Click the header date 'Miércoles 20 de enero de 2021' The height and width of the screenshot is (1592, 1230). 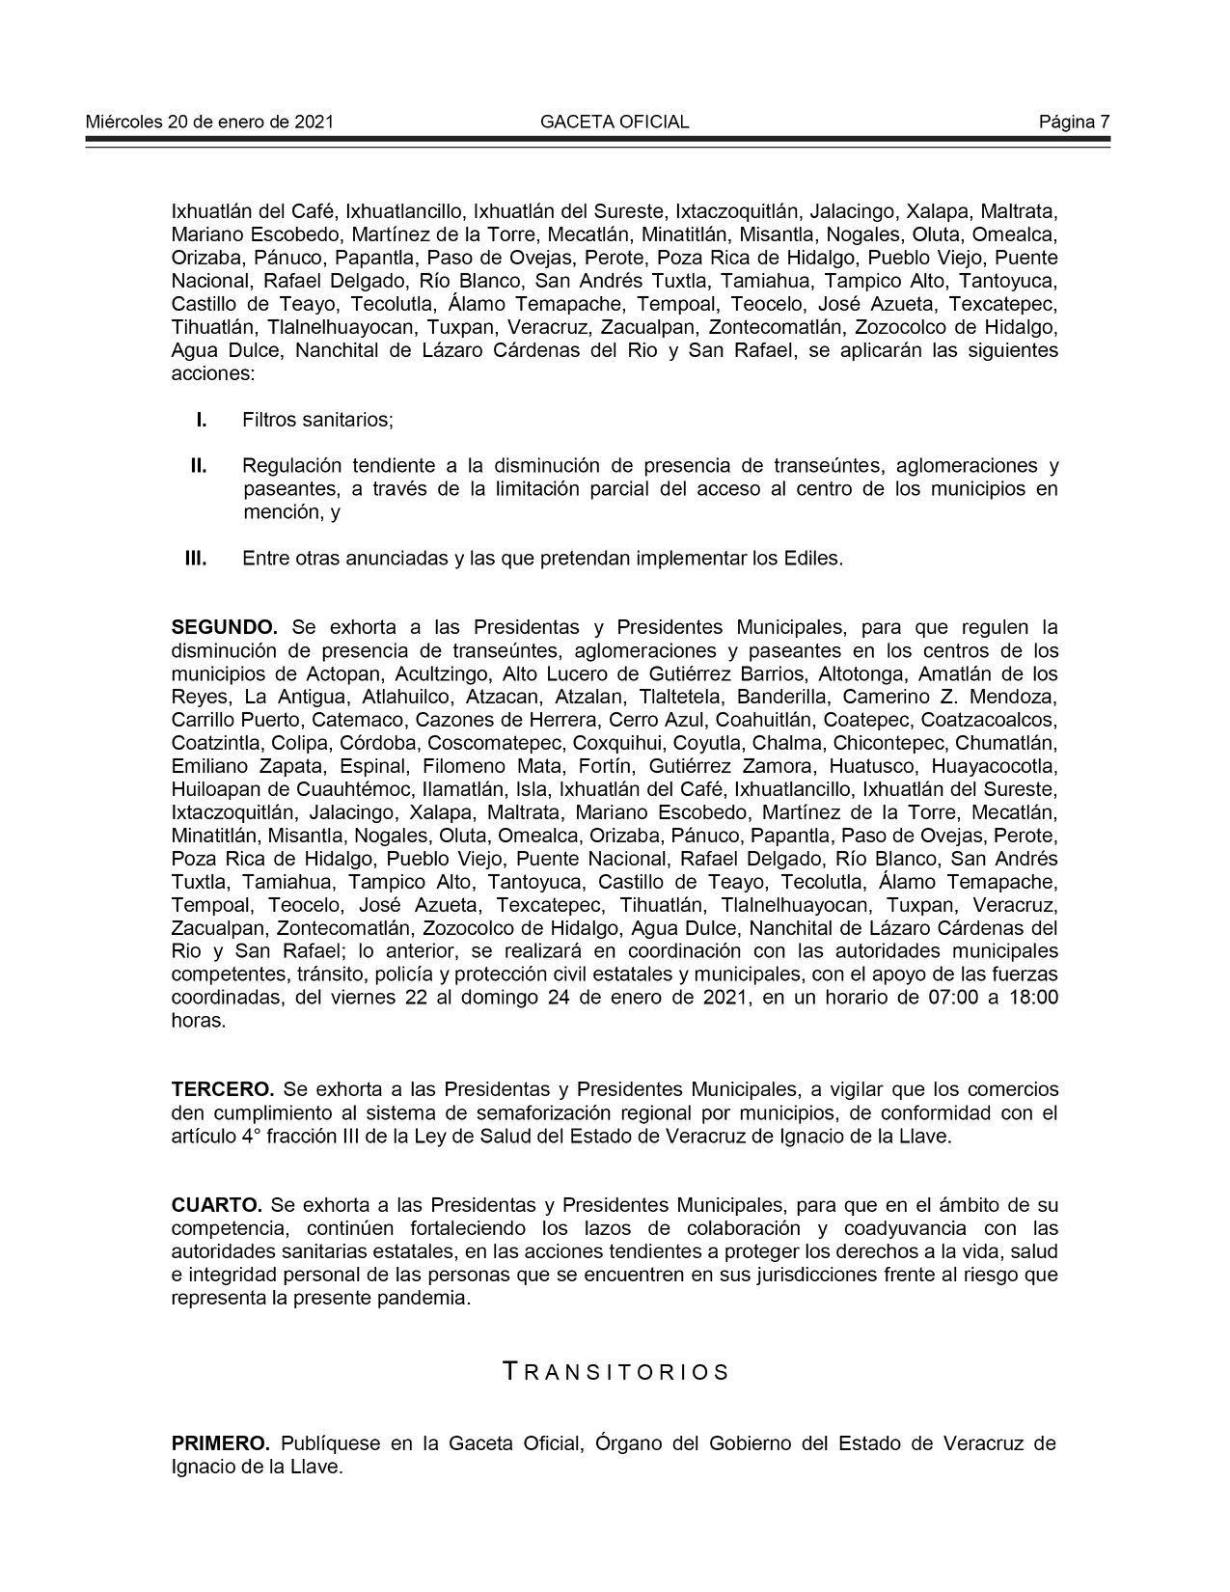(209, 122)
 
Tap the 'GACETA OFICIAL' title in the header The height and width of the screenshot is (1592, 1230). (615, 122)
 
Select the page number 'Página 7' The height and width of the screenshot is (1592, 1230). (1074, 122)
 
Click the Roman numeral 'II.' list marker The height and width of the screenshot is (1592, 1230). (198, 467)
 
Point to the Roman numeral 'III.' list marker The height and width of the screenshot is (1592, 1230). (197, 559)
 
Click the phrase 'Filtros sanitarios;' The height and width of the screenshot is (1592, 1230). (318, 421)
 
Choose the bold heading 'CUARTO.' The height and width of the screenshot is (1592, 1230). (217, 1206)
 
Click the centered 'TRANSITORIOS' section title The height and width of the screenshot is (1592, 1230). (616, 1372)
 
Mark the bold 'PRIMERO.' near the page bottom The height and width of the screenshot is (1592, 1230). (221, 1444)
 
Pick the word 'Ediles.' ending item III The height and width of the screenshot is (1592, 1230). (815, 559)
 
